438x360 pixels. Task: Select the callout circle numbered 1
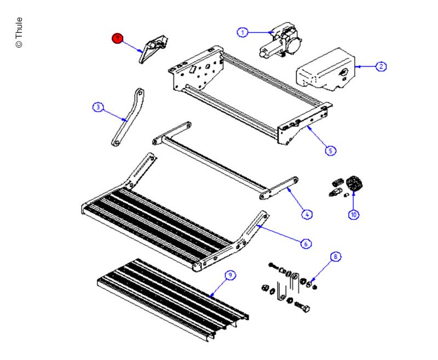coord(242,33)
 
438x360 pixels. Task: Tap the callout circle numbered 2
coord(381,67)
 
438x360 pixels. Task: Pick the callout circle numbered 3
coord(97,107)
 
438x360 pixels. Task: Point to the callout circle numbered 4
coord(307,215)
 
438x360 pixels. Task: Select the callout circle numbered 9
coord(231,276)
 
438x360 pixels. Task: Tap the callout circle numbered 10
coord(354,215)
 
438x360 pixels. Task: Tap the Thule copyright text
coord(19,33)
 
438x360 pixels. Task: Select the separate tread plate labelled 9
coord(172,296)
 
